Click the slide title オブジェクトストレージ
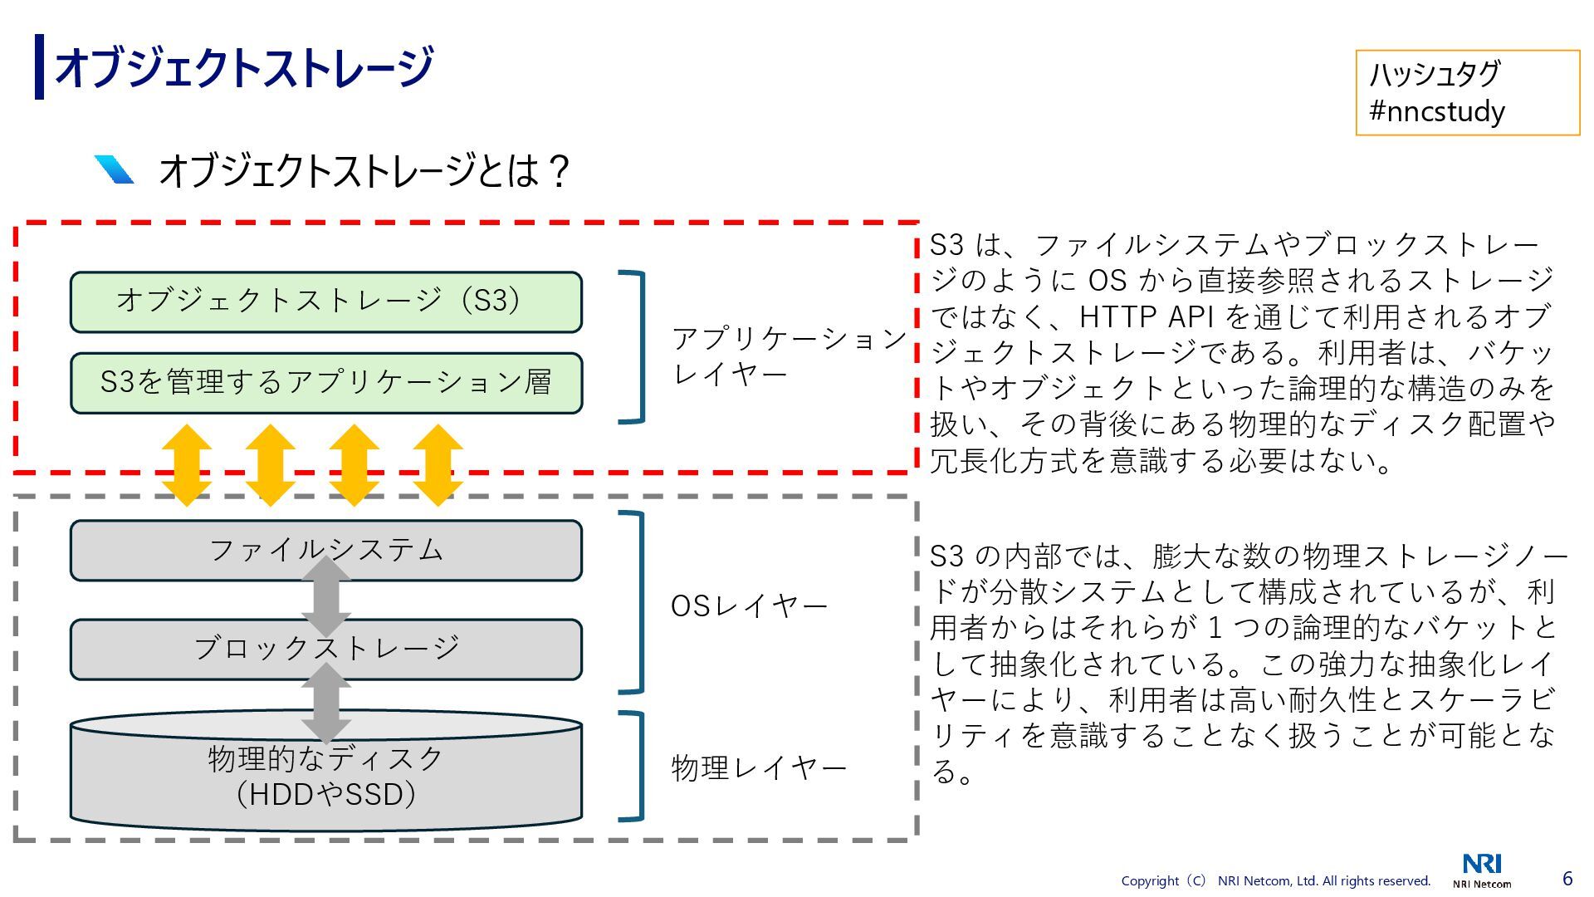(242, 67)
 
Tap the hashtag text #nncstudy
(1436, 111)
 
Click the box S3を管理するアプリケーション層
(325, 383)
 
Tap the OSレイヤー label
(748, 606)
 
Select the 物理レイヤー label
(758, 767)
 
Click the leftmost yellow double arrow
(187, 465)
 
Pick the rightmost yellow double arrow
(438, 465)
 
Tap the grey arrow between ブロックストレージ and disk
(326, 701)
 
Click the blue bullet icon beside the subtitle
(115, 169)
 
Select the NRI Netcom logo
(1482, 870)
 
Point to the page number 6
(1567, 878)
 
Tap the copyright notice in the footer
(1275, 881)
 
